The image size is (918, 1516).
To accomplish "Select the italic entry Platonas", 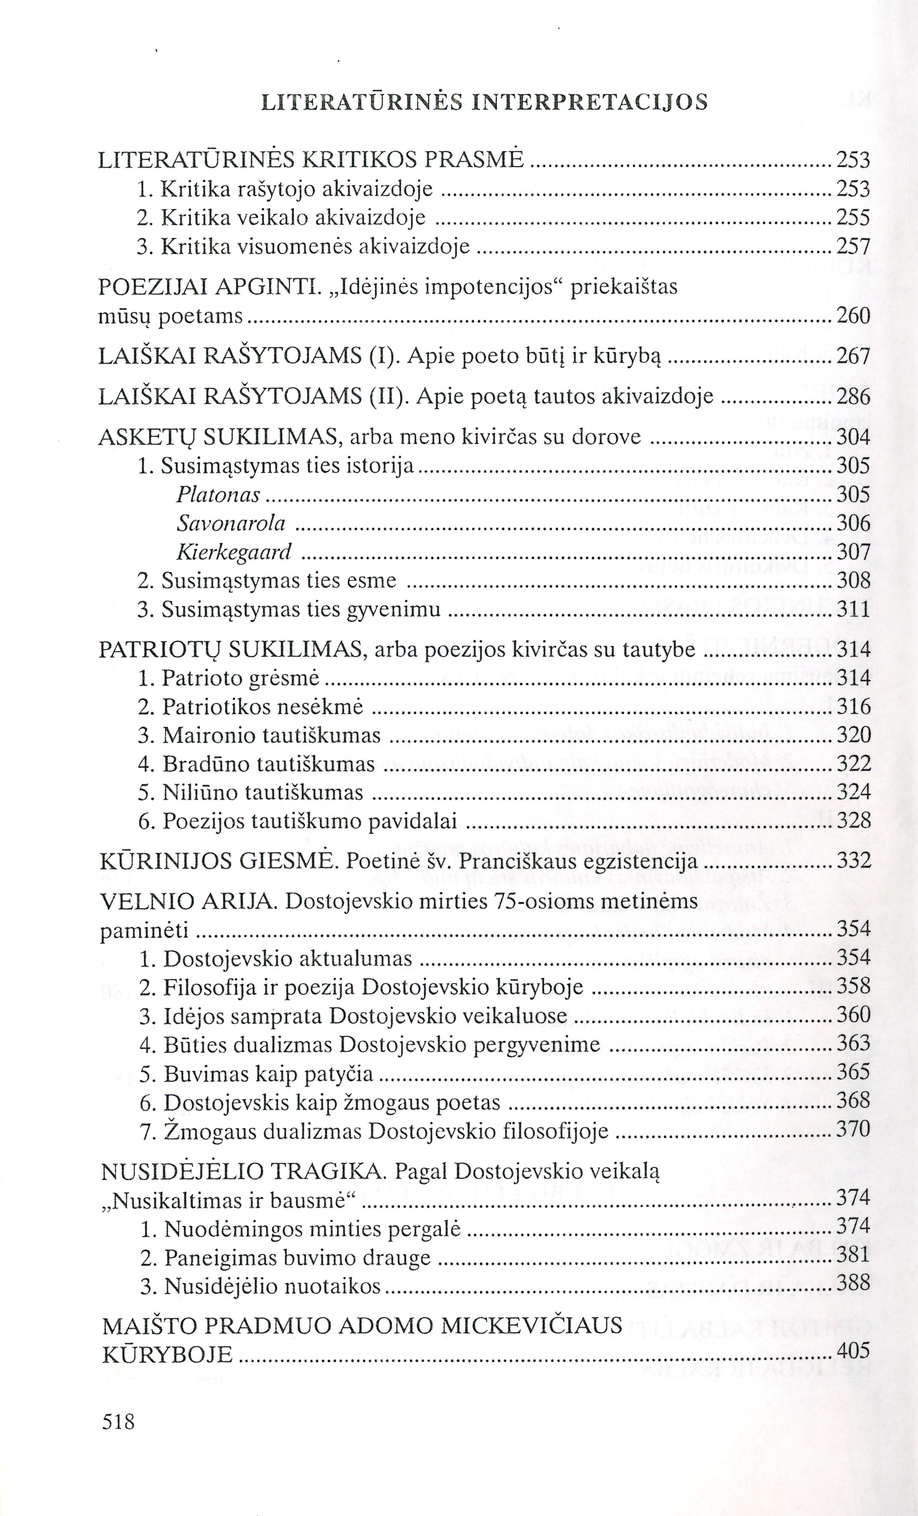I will click(x=218, y=495).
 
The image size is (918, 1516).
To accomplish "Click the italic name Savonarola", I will click(x=231, y=524).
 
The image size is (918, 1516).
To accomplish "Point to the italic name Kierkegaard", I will click(x=233, y=553).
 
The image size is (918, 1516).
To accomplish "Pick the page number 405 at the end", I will click(x=854, y=1352).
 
